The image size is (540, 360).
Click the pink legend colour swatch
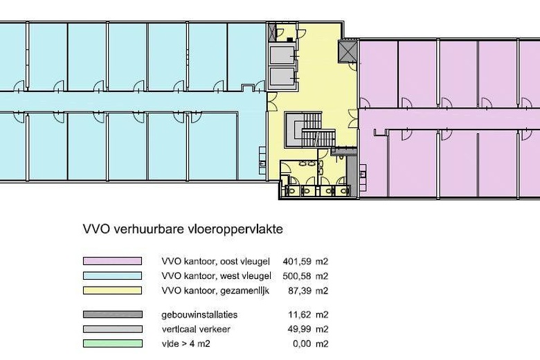[112, 261]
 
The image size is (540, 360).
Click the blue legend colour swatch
[112, 276]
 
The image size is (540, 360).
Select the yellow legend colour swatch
[112, 290]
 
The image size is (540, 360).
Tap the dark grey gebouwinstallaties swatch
[112, 314]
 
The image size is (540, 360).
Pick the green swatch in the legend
[112, 343]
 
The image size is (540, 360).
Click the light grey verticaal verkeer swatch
[112, 329]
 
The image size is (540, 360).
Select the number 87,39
[299, 291]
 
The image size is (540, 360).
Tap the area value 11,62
[299, 314]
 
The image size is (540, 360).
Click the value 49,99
[299, 329]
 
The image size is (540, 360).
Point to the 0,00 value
[302, 344]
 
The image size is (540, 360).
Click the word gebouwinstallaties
[199, 314]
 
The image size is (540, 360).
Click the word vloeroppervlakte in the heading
[235, 229]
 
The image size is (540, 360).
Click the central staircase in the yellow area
[310, 130]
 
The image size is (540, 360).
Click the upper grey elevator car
[282, 55]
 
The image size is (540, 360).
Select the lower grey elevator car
[282, 76]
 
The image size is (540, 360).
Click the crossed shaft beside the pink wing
[348, 51]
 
